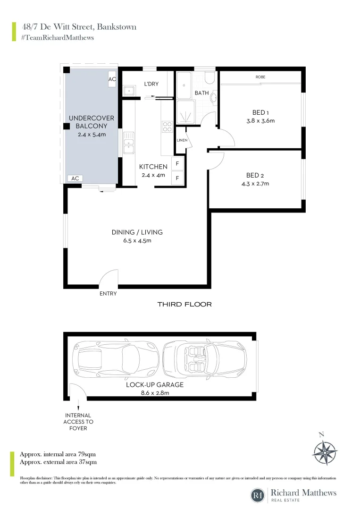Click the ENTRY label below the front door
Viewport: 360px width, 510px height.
(108, 294)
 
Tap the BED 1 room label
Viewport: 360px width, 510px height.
(260, 112)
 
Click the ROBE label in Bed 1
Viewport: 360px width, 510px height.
(260, 77)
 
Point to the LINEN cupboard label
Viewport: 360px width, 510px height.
(182, 140)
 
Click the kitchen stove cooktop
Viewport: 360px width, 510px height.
(167, 127)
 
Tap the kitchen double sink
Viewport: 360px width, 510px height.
(129, 143)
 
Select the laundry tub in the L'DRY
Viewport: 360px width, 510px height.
(128, 90)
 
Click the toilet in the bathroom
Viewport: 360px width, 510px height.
(210, 76)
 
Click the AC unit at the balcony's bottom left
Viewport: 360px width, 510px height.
(75, 178)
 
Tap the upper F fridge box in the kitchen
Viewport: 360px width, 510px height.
(177, 164)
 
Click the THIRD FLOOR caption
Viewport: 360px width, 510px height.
(184, 305)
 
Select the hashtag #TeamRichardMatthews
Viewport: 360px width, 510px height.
(57, 37)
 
